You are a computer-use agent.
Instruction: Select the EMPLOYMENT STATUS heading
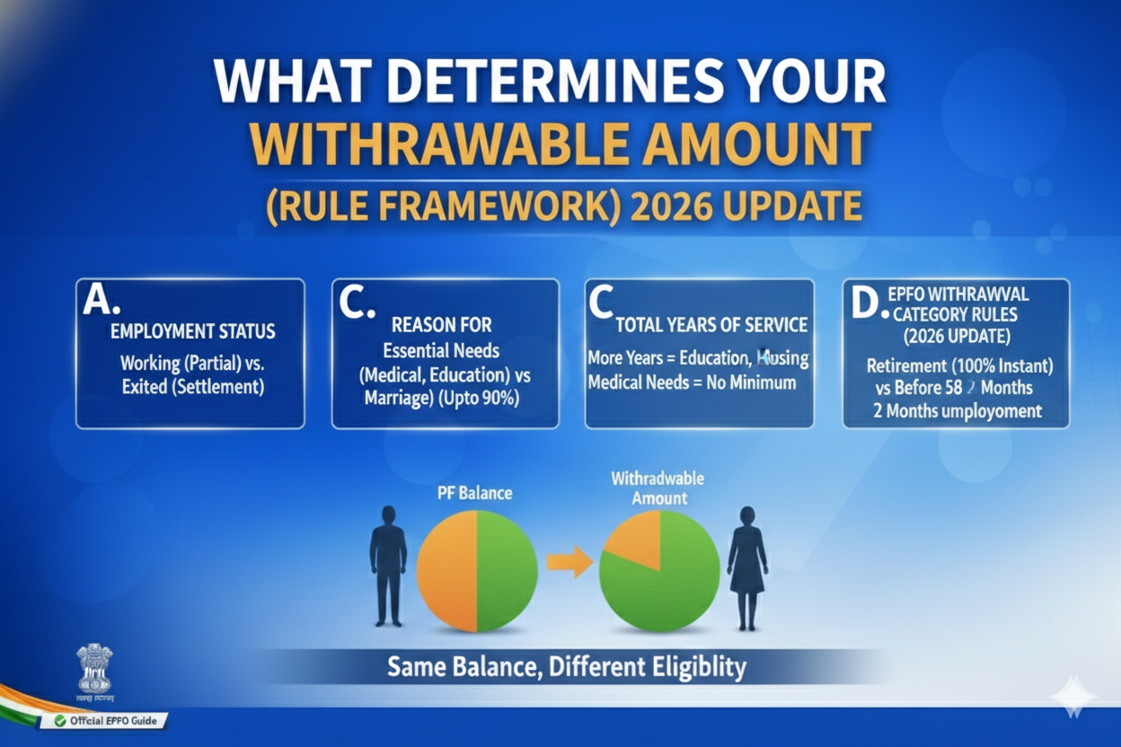[x=192, y=331]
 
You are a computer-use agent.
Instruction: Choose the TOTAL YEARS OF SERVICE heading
[x=711, y=325]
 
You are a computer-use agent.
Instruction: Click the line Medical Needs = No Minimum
[x=692, y=382]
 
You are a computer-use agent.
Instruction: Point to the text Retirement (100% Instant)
[x=958, y=366]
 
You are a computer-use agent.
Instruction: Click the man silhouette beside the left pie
[x=388, y=564]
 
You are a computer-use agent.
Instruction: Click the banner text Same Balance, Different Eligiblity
[x=567, y=667]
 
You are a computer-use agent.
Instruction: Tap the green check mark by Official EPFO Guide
[x=60, y=720]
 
